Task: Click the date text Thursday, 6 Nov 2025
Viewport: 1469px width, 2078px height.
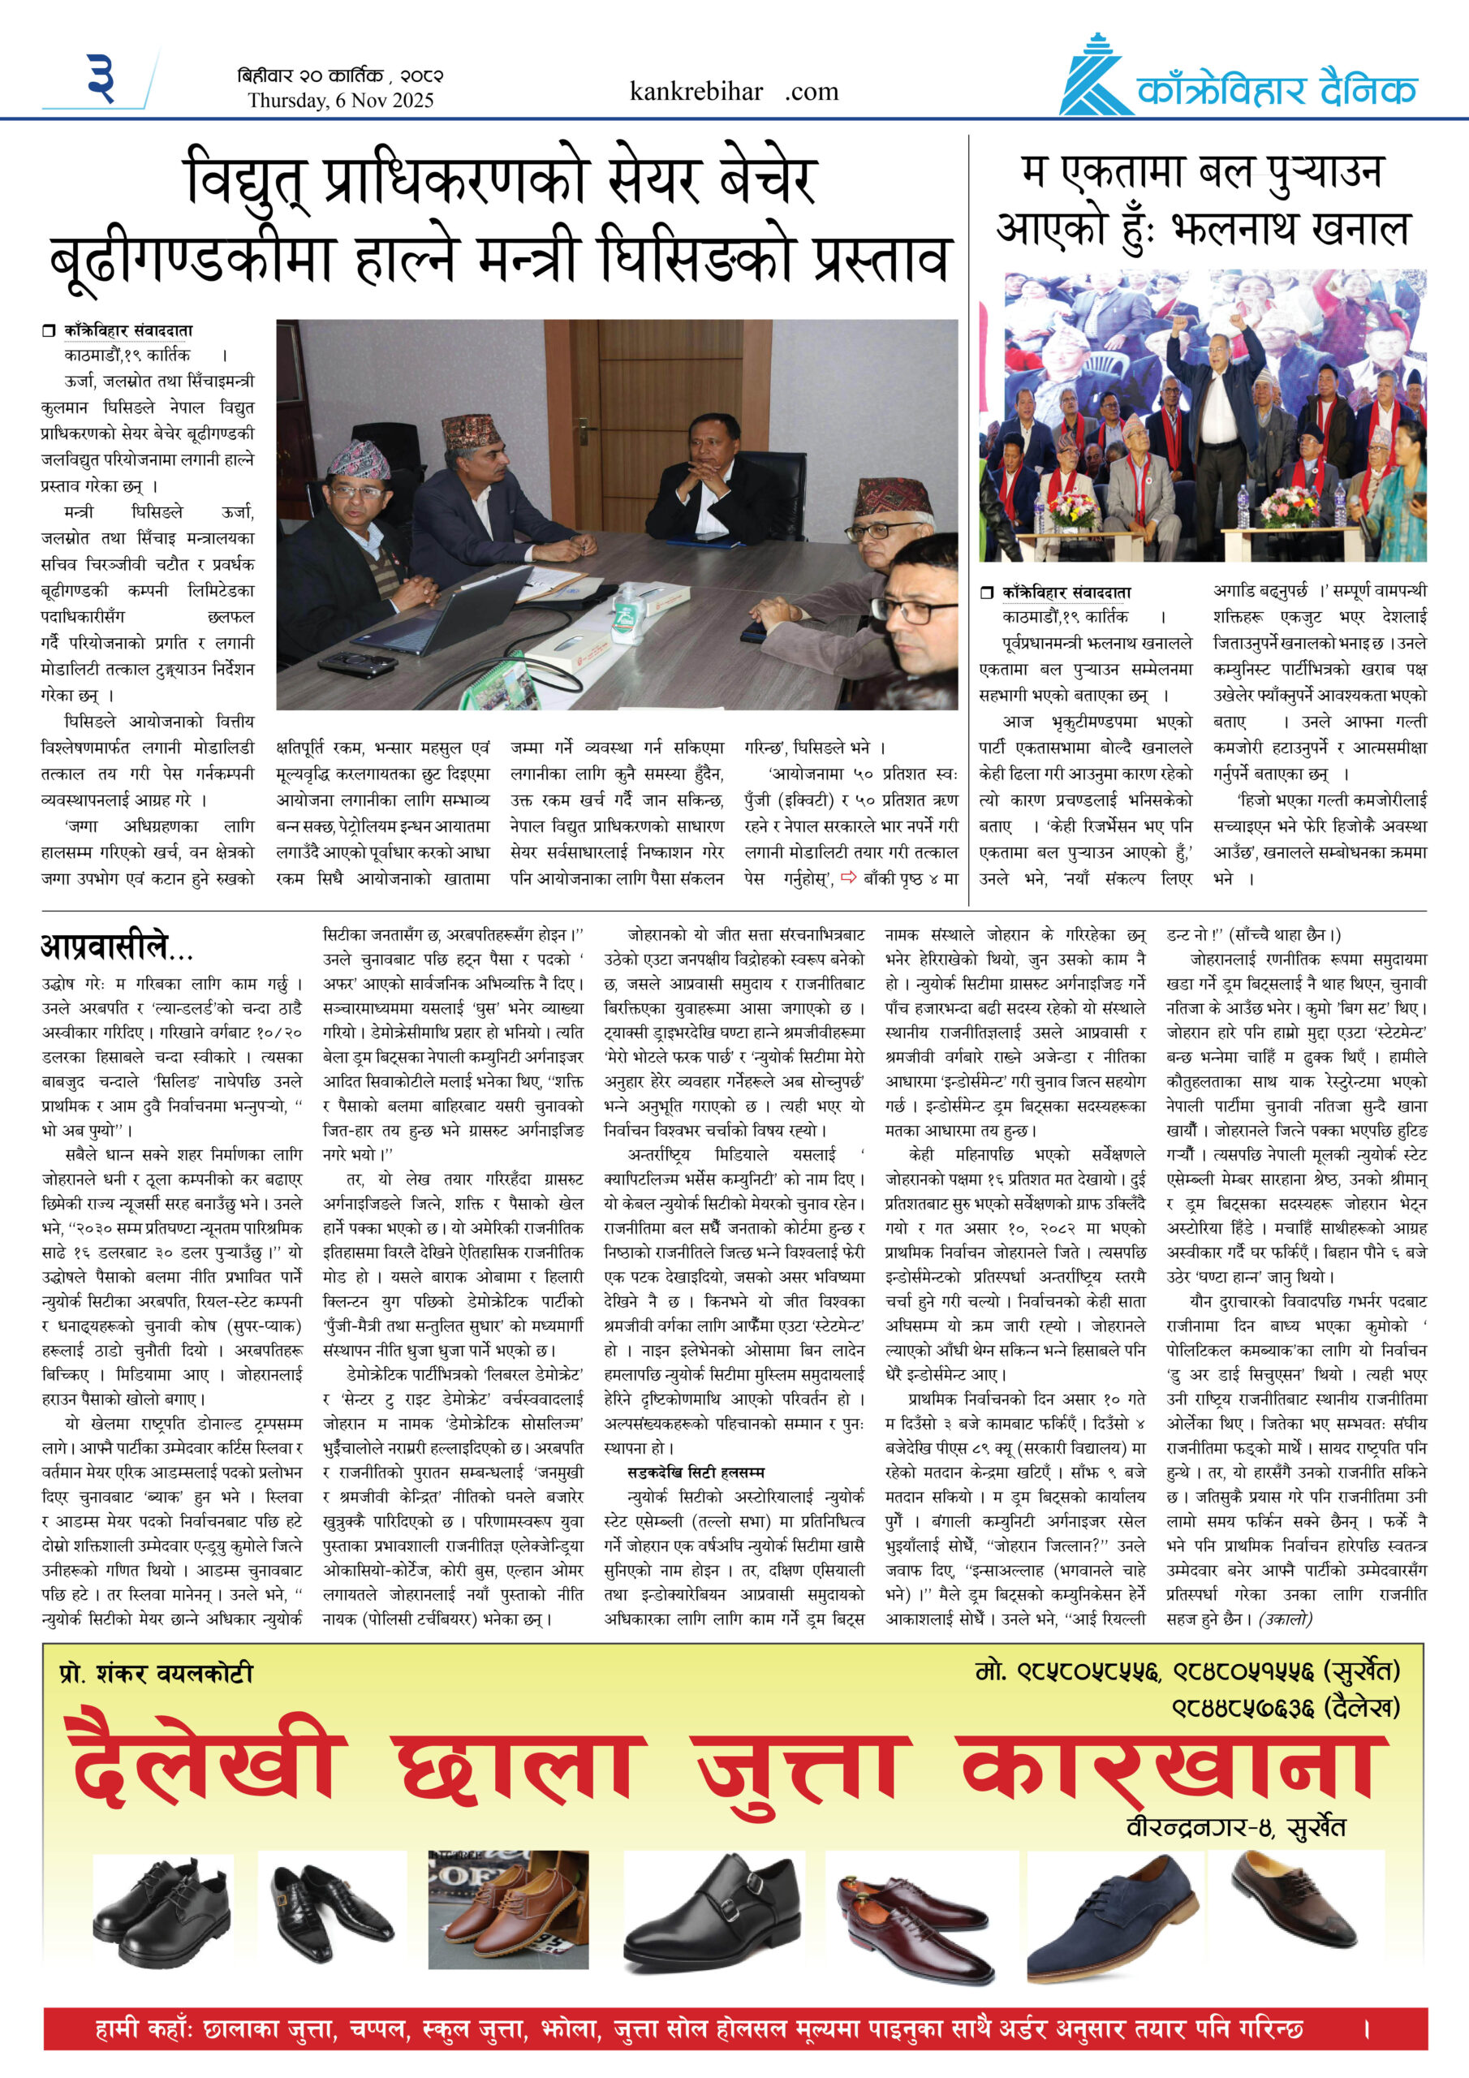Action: [x=340, y=101]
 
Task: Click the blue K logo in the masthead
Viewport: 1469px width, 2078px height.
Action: [x=1095, y=77]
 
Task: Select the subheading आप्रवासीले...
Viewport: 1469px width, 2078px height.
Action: [x=116, y=946]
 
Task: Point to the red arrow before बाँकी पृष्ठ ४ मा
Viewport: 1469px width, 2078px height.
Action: [x=848, y=876]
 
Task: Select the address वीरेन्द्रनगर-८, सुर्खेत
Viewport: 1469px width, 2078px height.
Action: [x=1235, y=1826]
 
